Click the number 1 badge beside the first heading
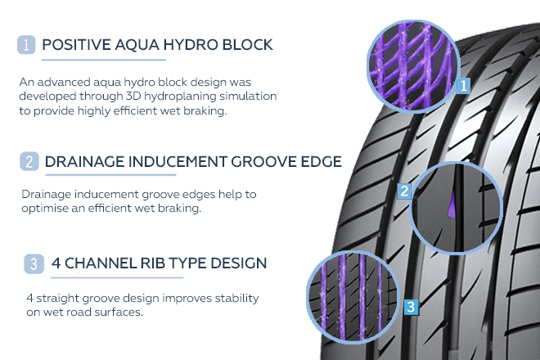(26, 45)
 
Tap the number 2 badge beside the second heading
(29, 161)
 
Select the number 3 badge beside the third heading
(33, 263)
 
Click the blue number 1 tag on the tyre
(464, 84)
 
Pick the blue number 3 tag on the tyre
(412, 308)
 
